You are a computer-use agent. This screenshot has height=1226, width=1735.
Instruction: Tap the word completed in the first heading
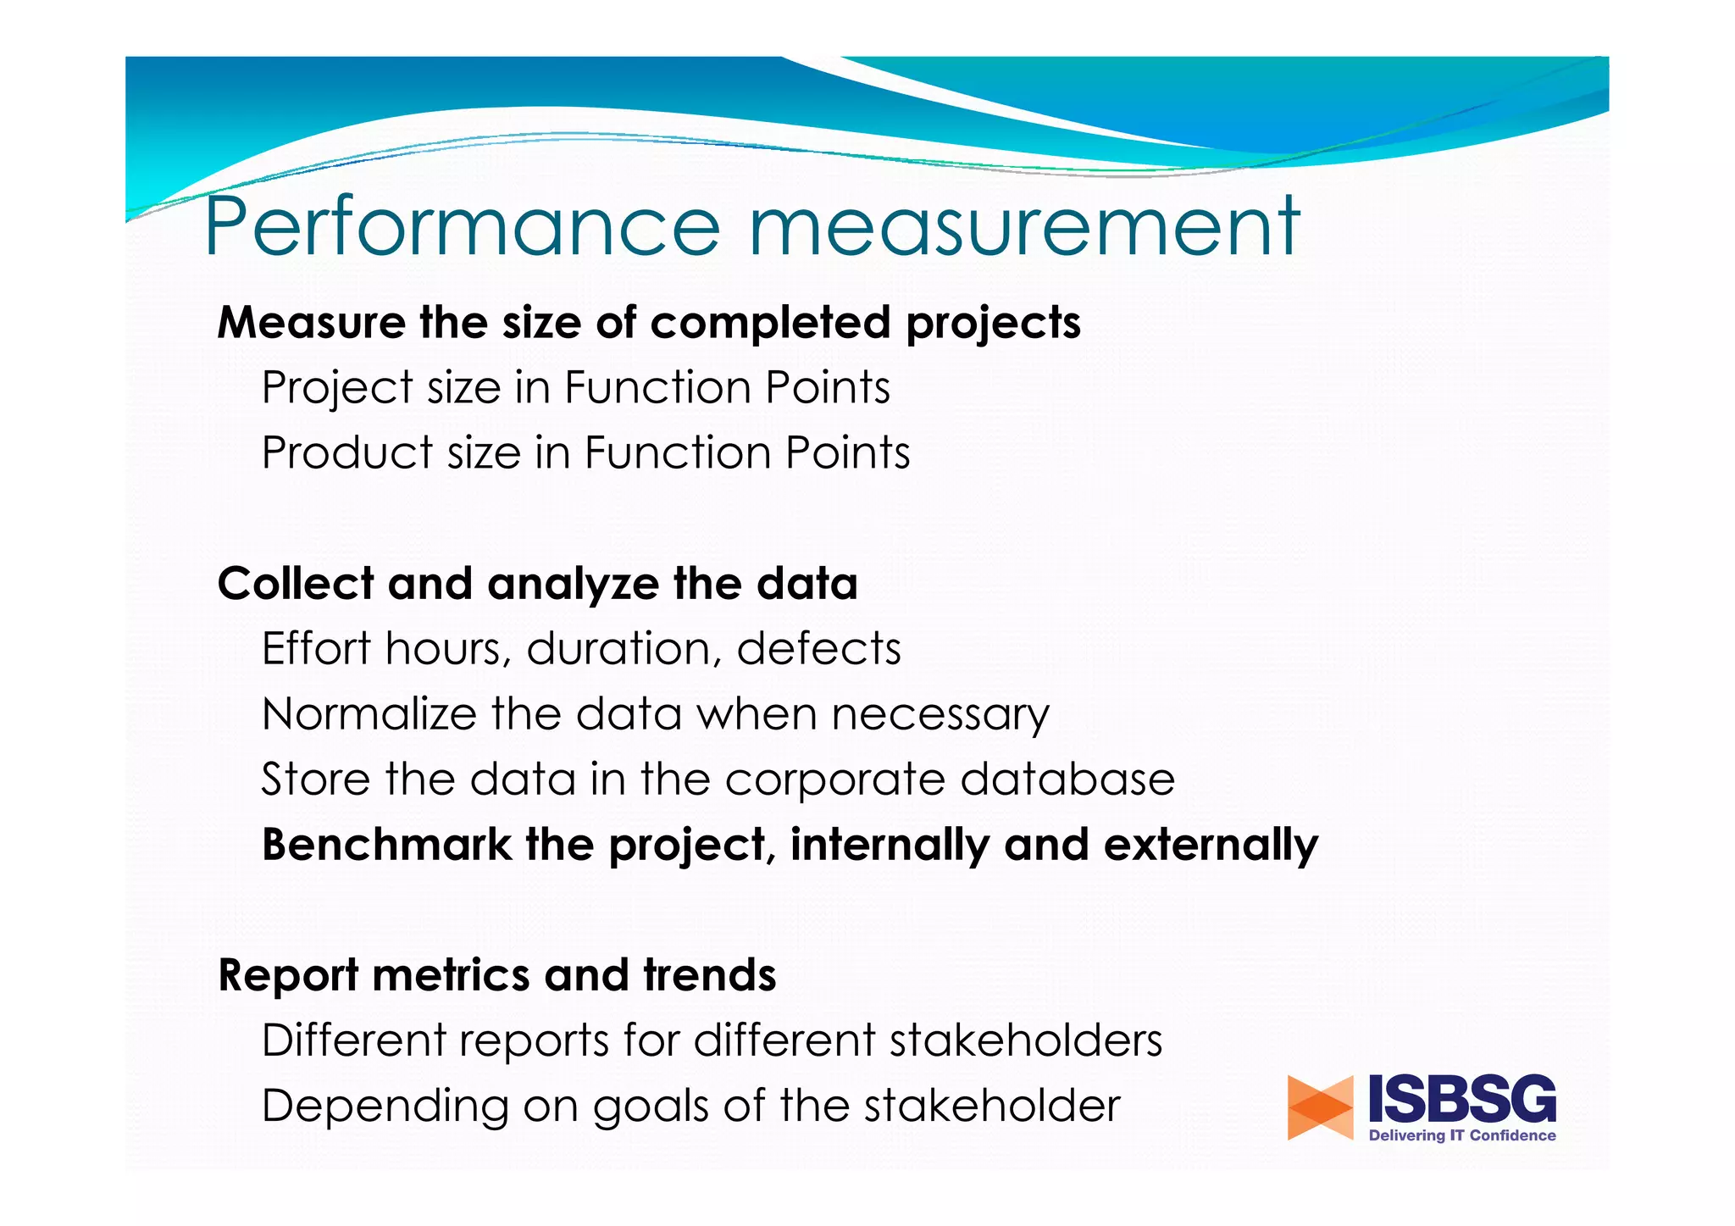[x=770, y=323]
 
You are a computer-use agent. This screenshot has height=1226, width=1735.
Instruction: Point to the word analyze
[x=573, y=585]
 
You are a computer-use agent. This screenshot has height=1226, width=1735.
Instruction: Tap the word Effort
[x=315, y=649]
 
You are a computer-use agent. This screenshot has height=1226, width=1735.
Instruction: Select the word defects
[x=818, y=649]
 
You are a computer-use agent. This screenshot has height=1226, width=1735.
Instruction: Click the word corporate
[x=834, y=780]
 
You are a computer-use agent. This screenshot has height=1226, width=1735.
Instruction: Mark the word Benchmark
[x=386, y=845]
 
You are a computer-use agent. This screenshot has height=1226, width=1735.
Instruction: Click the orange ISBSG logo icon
[x=1320, y=1107]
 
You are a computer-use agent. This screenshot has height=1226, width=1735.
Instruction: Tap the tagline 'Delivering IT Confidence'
[x=1462, y=1136]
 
